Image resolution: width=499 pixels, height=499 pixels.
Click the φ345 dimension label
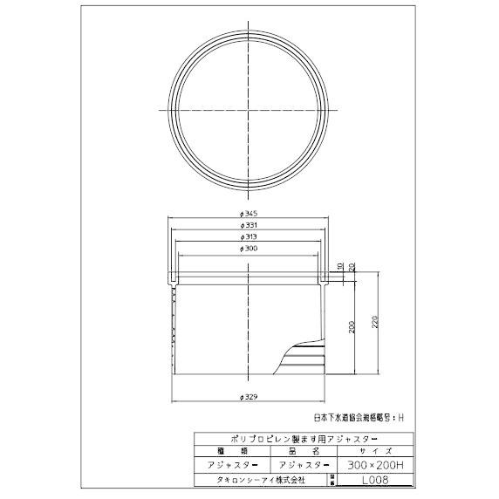pyautogui.click(x=249, y=213)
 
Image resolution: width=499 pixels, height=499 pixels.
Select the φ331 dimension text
pyautogui.click(x=249, y=225)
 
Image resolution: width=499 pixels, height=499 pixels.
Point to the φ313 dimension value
pyautogui.click(x=249, y=237)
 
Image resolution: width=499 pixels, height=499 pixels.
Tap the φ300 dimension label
pyautogui.click(x=249, y=249)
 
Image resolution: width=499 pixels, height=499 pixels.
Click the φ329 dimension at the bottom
pyautogui.click(x=249, y=397)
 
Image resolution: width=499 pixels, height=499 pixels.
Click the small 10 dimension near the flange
pyautogui.click(x=340, y=266)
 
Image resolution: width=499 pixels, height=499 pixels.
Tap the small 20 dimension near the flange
pyautogui.click(x=352, y=266)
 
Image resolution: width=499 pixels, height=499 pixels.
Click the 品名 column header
pyautogui.click(x=298, y=453)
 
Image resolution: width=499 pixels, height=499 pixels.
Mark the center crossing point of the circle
pyautogui.click(x=249, y=110)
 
